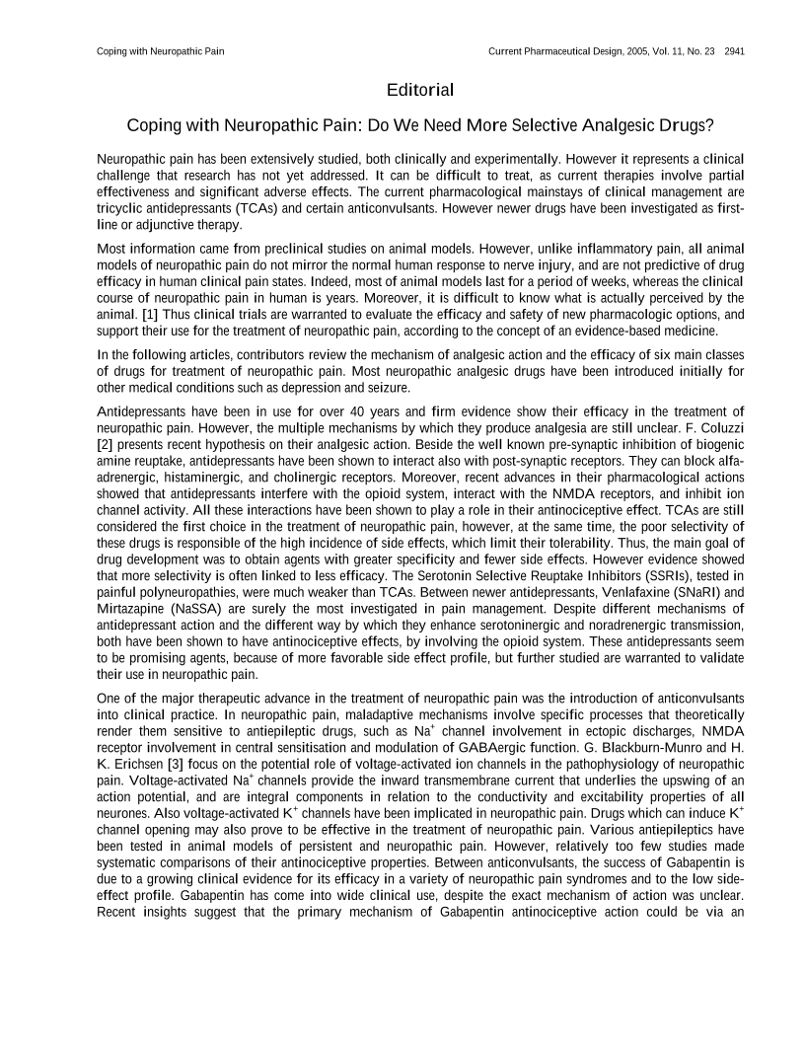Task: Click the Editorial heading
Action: pos(420,91)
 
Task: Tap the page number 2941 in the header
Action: pos(734,50)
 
